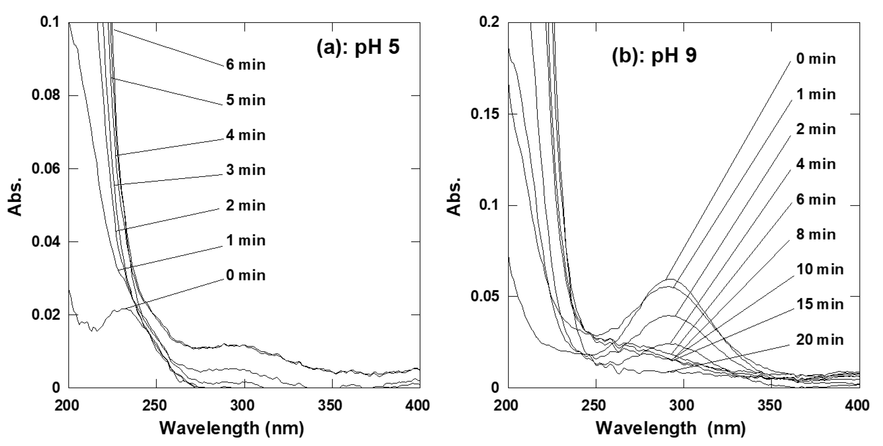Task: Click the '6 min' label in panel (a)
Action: tap(245, 64)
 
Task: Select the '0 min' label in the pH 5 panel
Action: tap(245, 276)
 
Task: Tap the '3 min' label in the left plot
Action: tap(245, 170)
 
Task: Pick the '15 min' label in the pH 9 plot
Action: tap(819, 304)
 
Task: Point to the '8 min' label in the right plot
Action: tap(816, 235)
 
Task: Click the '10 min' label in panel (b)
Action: tap(819, 269)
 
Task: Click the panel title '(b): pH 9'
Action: tap(654, 55)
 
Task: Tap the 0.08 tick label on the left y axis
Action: tap(45, 95)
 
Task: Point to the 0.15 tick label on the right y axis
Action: tap(484, 114)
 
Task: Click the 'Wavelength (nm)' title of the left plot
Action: tap(232, 429)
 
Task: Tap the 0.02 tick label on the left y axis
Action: tap(45, 315)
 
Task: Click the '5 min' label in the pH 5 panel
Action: tap(245, 100)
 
